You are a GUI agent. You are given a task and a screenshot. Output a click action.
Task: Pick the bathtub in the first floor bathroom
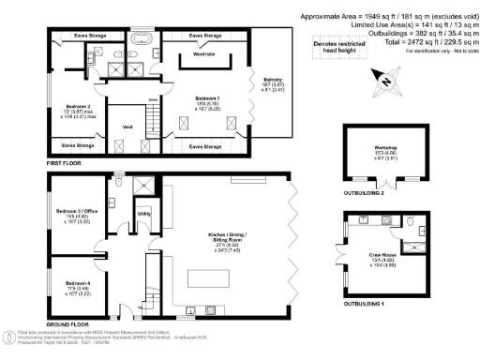pos(142,40)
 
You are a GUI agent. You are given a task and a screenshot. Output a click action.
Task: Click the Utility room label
pos(143,215)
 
